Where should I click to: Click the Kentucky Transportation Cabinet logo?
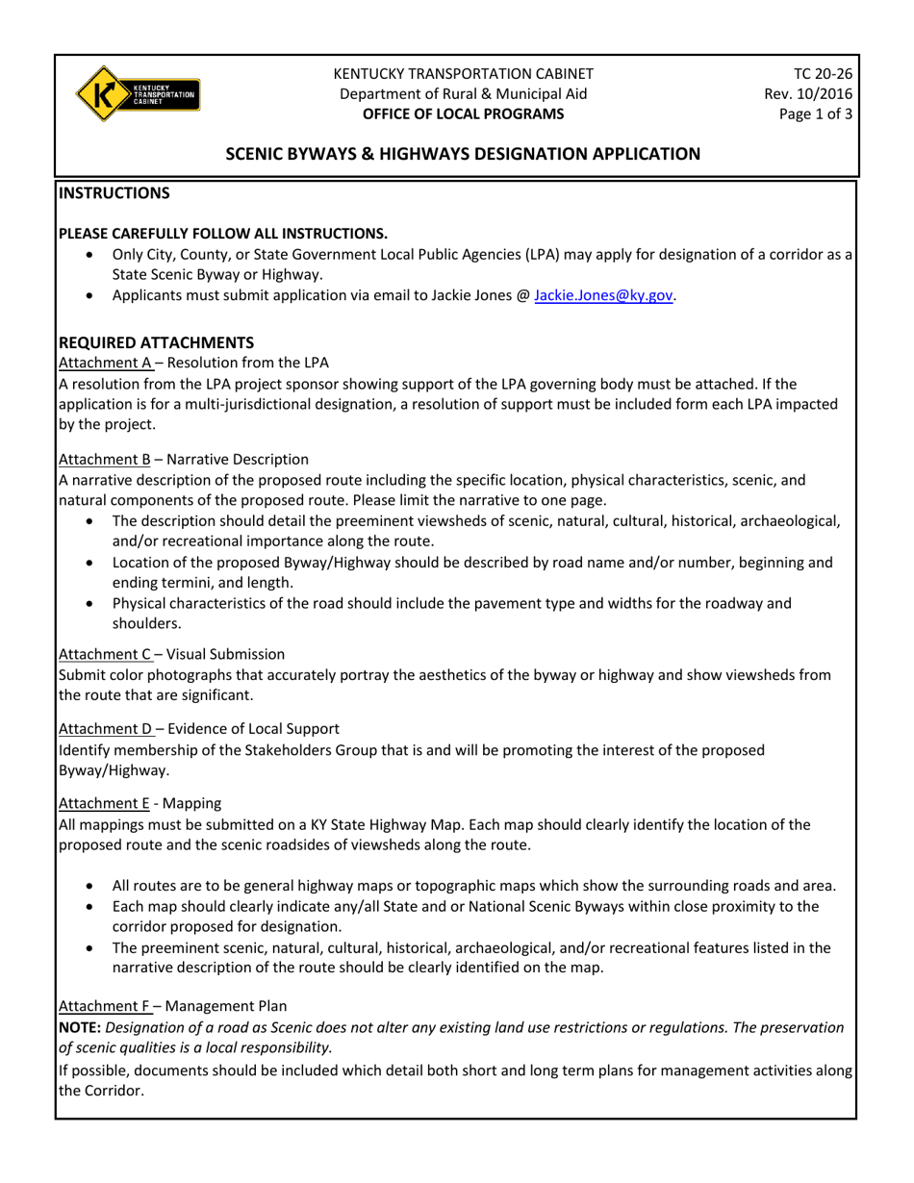pyautogui.click(x=138, y=93)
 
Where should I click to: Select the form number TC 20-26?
pyautogui.click(x=823, y=74)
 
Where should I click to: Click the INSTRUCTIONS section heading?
pyautogui.click(x=114, y=193)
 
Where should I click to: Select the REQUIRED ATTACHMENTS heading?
pyautogui.click(x=157, y=342)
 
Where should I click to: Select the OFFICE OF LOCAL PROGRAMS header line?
pyautogui.click(x=463, y=113)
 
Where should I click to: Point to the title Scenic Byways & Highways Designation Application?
pyautogui.click(x=463, y=154)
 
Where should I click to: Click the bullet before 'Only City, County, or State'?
pyautogui.click(x=90, y=256)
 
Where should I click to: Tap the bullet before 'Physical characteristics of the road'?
pyautogui.click(x=90, y=604)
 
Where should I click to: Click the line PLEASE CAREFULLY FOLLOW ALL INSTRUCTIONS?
pyautogui.click(x=223, y=234)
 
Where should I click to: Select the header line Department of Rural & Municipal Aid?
pyautogui.click(x=463, y=93)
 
